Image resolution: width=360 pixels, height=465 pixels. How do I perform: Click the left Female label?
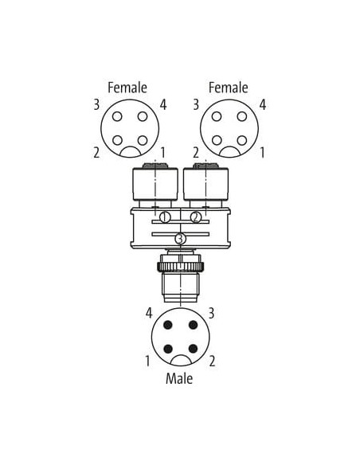pyautogui.click(x=127, y=88)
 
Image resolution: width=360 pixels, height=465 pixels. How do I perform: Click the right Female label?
pyautogui.click(x=229, y=88)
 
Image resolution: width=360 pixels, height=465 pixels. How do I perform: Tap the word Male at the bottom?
pyautogui.click(x=179, y=379)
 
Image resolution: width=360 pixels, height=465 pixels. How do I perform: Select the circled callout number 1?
pyautogui.click(x=165, y=217)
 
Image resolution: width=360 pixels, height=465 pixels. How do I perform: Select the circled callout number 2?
pyautogui.click(x=196, y=217)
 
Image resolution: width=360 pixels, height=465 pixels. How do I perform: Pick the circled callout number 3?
pyautogui.click(x=180, y=239)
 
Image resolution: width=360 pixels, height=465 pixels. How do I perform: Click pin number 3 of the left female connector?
pyautogui.click(x=96, y=105)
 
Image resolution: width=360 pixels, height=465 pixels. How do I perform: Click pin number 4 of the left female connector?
pyautogui.click(x=163, y=105)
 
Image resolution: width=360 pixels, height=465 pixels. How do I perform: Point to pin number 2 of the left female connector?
pyautogui.click(x=96, y=153)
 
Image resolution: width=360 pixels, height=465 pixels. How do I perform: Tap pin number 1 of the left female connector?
pyautogui.click(x=162, y=153)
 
